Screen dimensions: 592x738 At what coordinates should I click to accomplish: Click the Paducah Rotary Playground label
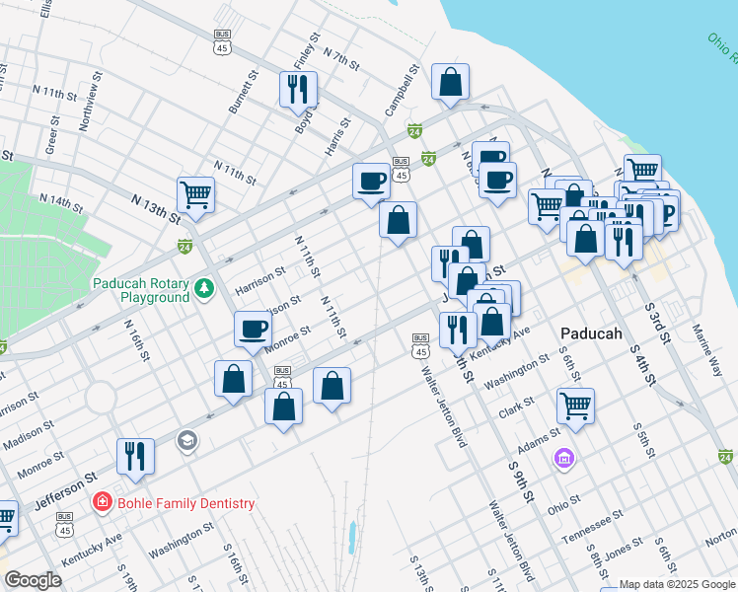pos(141,290)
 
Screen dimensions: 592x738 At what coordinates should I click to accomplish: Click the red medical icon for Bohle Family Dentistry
pos(102,503)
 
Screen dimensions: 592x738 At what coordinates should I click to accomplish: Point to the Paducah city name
pos(591,333)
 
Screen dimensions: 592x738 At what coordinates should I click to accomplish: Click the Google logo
pos(33,580)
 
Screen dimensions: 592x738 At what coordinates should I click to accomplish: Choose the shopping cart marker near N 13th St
pos(195,193)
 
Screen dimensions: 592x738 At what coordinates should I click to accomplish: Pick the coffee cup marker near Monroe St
pos(253,329)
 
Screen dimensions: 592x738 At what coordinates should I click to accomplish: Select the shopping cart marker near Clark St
pos(574,404)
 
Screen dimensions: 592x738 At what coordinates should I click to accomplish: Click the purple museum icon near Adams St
pos(563,458)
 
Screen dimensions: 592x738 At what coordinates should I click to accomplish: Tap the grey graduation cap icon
pos(186,440)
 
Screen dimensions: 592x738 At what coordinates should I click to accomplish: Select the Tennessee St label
pos(593,529)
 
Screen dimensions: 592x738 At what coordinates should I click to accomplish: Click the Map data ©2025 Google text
pos(677,584)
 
